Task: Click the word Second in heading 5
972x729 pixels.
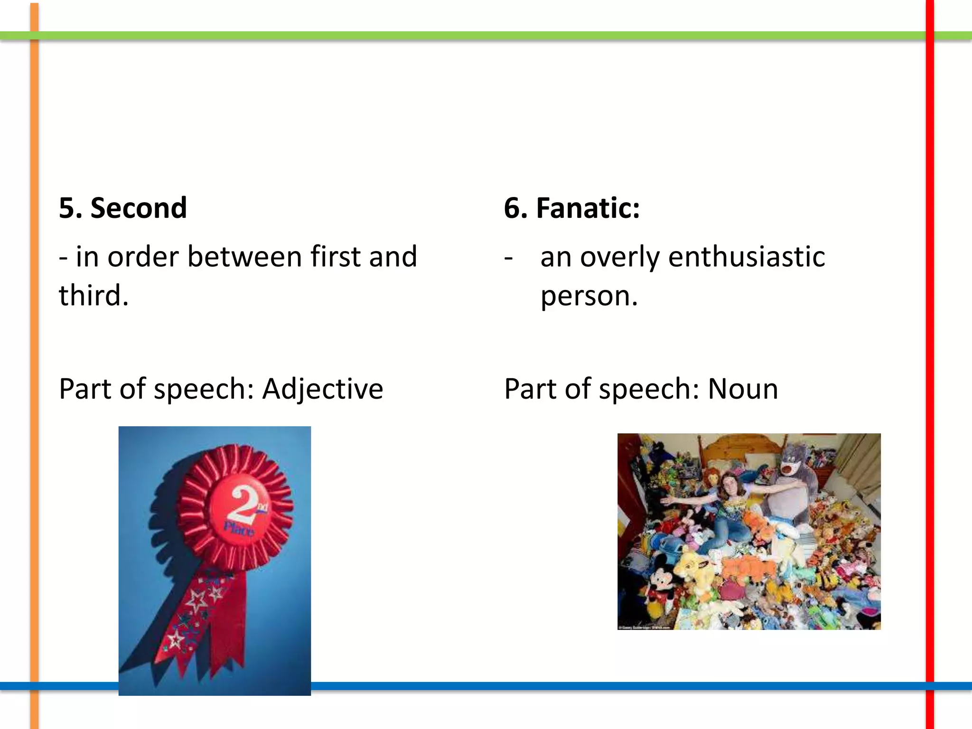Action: click(139, 208)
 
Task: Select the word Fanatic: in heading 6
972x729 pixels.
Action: click(588, 208)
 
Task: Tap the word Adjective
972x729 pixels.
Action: click(322, 389)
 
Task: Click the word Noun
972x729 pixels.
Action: click(743, 389)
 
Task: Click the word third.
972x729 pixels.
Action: click(93, 296)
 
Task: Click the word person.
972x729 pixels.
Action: click(589, 297)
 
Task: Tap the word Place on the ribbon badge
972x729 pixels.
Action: click(239, 528)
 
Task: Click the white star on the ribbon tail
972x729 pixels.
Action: click(196, 602)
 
